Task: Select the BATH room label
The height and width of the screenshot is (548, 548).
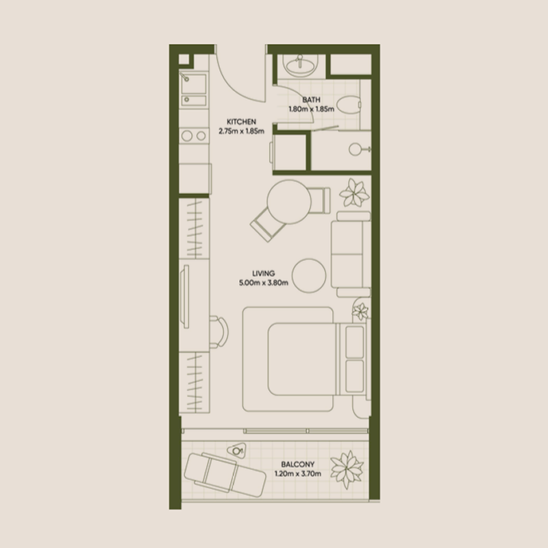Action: pyautogui.click(x=310, y=99)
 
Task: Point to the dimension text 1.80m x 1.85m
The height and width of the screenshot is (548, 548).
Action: pyautogui.click(x=310, y=108)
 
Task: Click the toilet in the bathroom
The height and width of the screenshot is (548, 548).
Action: pyautogui.click(x=349, y=106)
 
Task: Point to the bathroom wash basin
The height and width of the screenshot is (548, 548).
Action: pyautogui.click(x=299, y=66)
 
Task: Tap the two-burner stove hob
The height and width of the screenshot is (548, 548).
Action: pyautogui.click(x=193, y=136)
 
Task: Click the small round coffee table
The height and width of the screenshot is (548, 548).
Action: pyautogui.click(x=310, y=275)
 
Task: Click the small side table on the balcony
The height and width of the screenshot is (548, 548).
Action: pyautogui.click(x=237, y=451)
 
